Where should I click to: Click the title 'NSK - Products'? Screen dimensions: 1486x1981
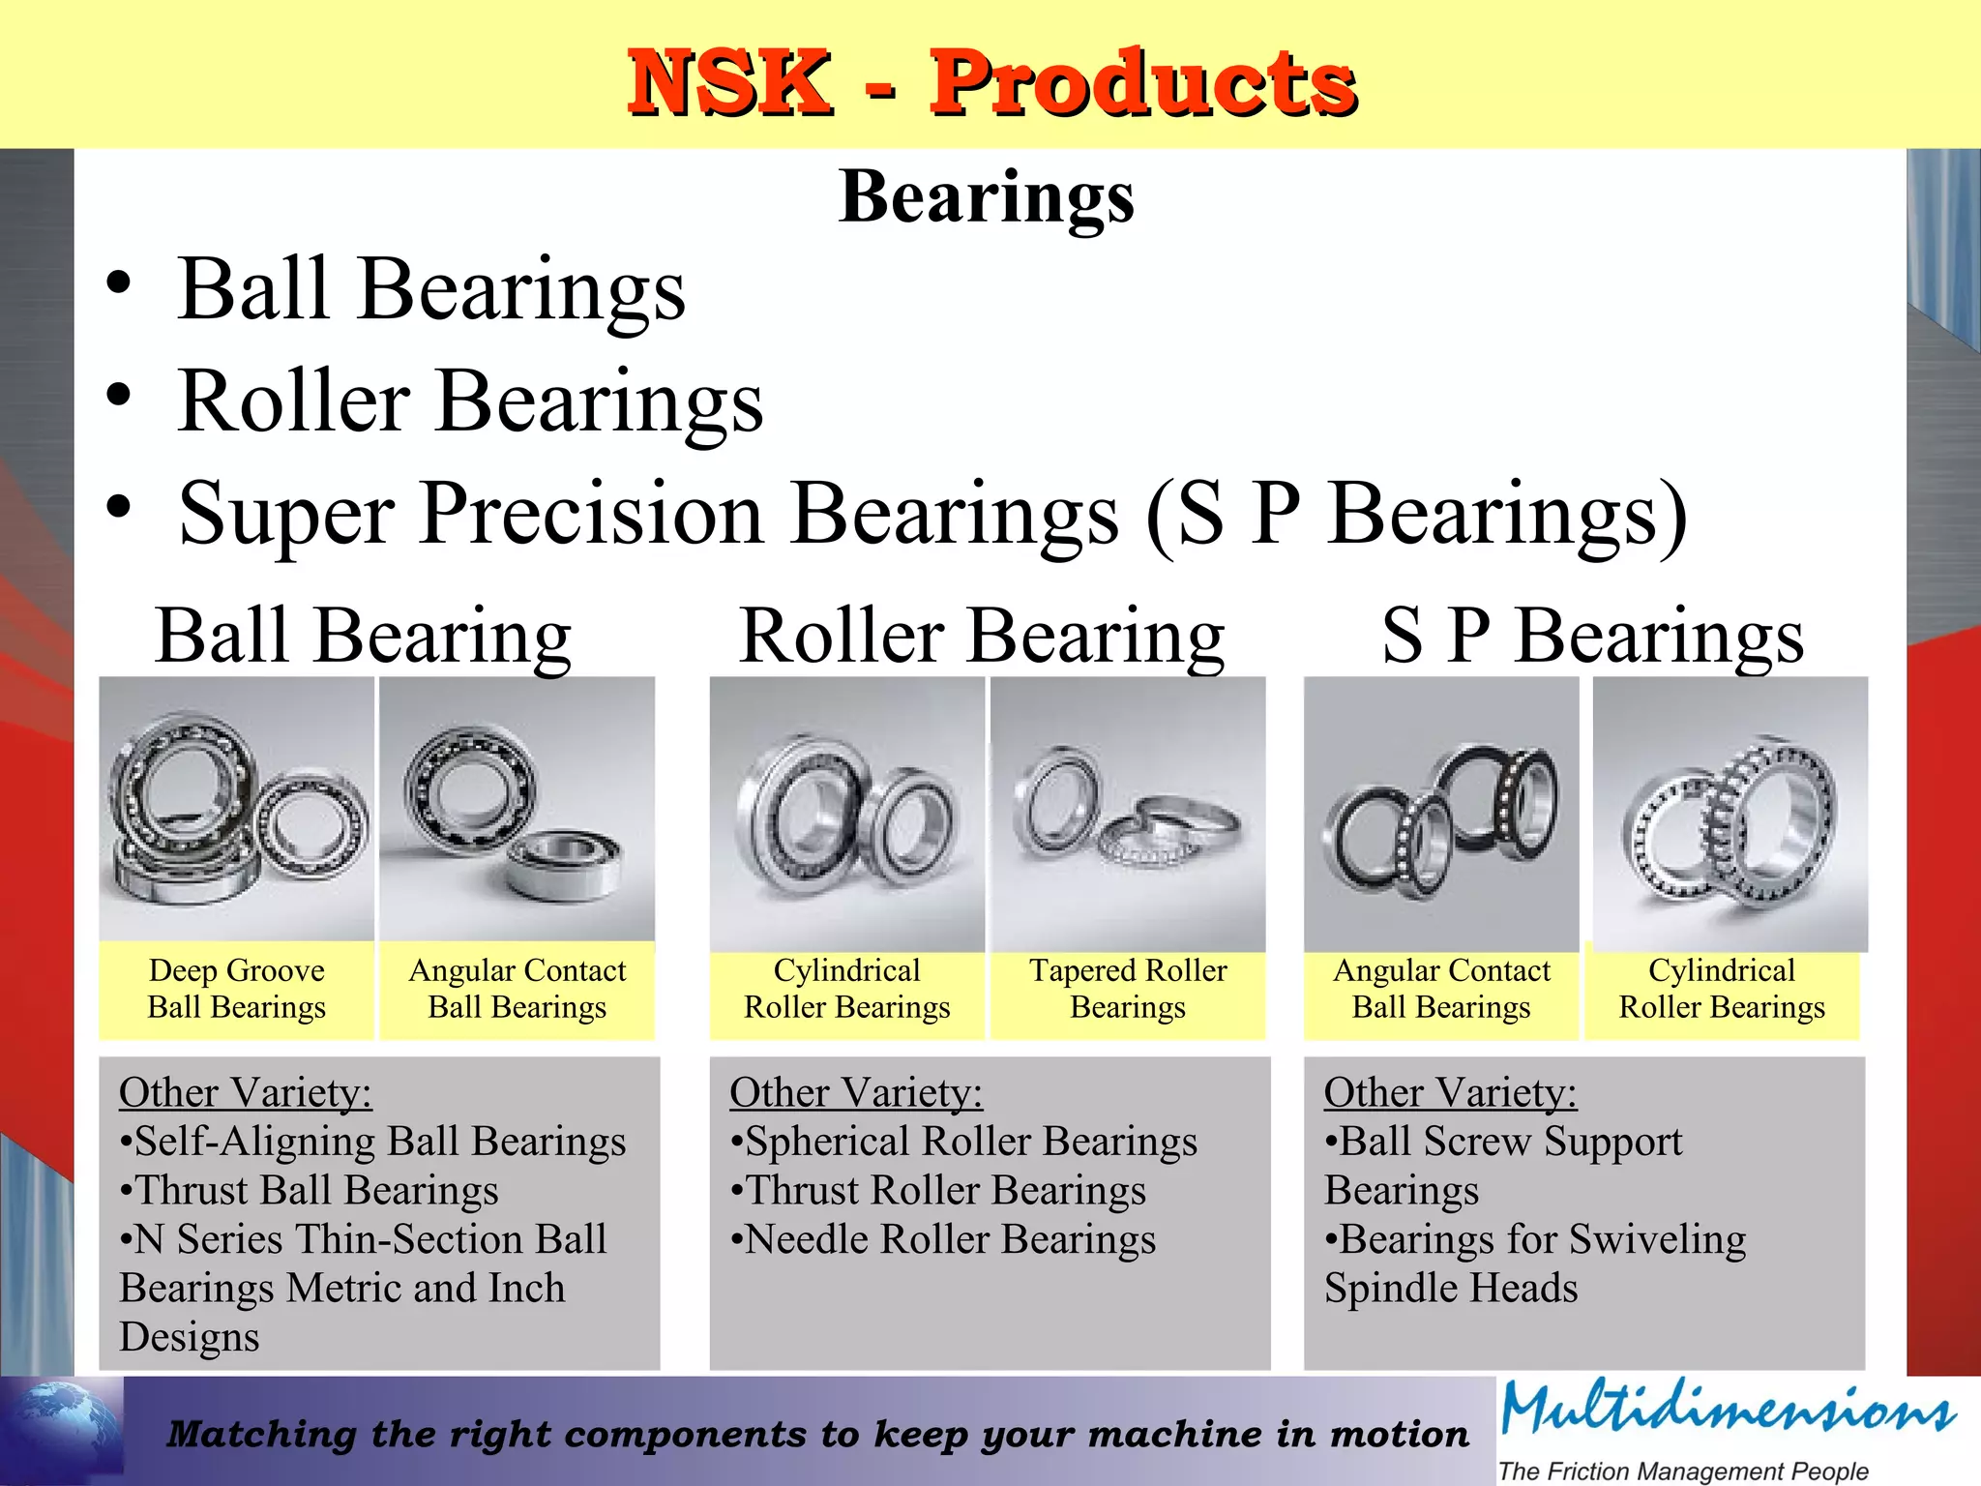coord(991,83)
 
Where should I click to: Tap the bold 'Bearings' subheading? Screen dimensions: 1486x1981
coord(987,196)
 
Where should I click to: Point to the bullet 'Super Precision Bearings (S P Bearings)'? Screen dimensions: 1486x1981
coord(932,514)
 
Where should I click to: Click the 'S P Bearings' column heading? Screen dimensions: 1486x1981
coord(1592,636)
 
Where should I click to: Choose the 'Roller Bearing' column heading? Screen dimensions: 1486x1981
coord(982,636)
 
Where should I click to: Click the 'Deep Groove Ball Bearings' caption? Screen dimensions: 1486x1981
coord(236,989)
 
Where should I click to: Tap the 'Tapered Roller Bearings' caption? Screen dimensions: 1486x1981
coord(1128,989)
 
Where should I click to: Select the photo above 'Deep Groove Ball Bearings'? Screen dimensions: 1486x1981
coord(236,809)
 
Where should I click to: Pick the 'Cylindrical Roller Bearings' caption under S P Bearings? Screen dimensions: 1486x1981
coord(1722,989)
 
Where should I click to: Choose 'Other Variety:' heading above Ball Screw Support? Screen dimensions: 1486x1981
coord(1450,1092)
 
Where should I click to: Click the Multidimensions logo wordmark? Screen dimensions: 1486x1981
coord(1728,1410)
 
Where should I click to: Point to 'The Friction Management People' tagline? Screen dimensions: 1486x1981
coord(1683,1471)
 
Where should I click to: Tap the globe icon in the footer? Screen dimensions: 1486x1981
coord(62,1428)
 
